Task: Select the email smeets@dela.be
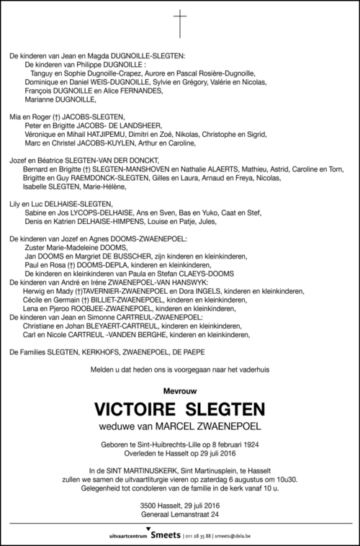point(256,536)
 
